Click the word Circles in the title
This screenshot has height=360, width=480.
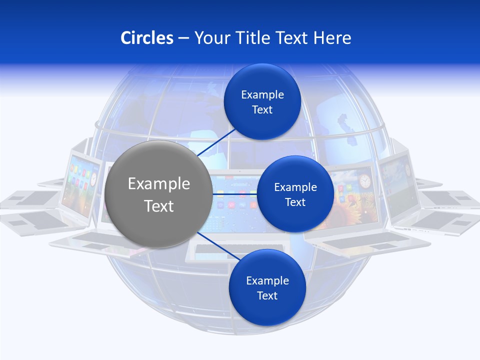coord(147,37)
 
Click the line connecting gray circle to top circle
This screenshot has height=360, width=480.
coord(216,142)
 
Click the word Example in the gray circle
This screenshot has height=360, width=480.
coord(159,184)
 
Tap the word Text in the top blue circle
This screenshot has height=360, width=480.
coord(262,110)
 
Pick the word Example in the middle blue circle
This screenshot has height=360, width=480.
coord(295,187)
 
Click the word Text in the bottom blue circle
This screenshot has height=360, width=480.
coord(267,296)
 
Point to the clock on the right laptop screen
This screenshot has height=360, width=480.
coord(364,181)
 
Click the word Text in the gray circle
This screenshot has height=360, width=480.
coord(159,206)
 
